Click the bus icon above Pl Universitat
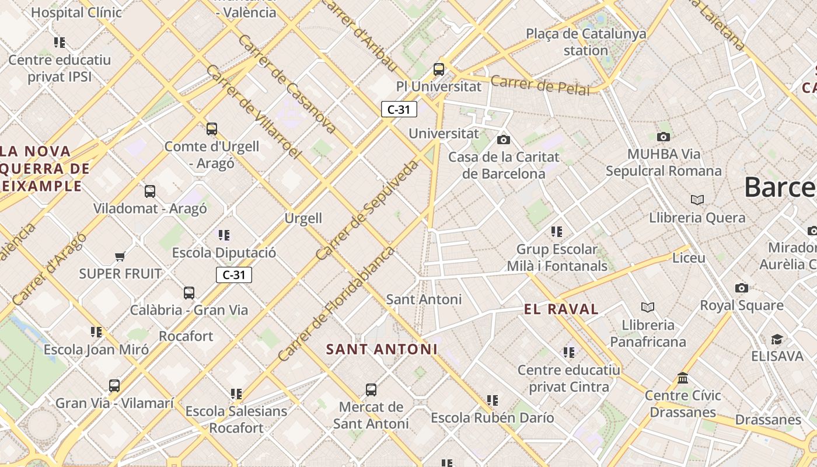tap(439, 69)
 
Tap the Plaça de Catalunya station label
tap(586, 42)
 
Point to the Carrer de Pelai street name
tap(540, 85)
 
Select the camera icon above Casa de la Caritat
tap(503, 140)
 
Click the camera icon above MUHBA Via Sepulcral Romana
tap(664, 137)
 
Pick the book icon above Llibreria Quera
tap(697, 200)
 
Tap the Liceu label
tap(689, 257)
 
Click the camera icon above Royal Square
tap(742, 288)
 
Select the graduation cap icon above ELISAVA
tap(777, 339)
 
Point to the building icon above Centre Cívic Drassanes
tap(683, 378)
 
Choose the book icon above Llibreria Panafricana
tap(648, 307)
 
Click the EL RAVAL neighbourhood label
tap(561, 309)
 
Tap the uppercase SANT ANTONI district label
tap(382, 349)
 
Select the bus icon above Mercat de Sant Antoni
tap(371, 390)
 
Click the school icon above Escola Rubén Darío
tap(493, 400)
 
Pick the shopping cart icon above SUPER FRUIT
tap(120, 256)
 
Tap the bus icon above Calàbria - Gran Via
tap(189, 293)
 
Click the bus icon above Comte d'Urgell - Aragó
tap(212, 128)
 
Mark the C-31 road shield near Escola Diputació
tap(234, 275)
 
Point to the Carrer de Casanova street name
tap(287, 83)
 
